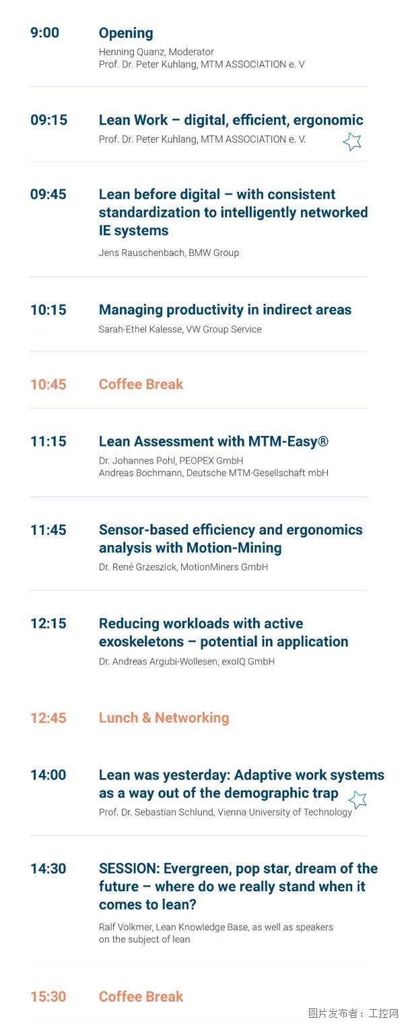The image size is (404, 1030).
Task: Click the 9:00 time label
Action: tap(44, 32)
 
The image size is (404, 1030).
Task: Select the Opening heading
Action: tap(126, 34)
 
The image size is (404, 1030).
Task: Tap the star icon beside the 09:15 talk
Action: tap(353, 141)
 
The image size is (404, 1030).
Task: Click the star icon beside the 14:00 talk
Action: tap(358, 800)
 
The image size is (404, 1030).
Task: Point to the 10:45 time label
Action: tap(48, 385)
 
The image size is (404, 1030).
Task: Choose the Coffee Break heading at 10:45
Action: tap(141, 385)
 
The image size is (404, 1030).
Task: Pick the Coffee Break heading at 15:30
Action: tap(141, 996)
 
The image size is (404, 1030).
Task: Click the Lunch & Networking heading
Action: tap(164, 718)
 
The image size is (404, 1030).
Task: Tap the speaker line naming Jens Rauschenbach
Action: tap(169, 253)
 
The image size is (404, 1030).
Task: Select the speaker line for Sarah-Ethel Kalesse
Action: tap(180, 329)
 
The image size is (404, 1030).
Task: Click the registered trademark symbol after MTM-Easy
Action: tap(323, 441)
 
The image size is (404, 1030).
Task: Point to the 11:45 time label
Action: tap(48, 530)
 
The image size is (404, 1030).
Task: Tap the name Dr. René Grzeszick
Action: tap(137, 567)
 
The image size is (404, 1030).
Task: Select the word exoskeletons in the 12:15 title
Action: tap(141, 641)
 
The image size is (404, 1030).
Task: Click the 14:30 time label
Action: tap(48, 868)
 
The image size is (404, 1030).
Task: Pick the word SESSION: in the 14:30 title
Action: tap(129, 868)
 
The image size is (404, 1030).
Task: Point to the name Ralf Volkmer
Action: tap(125, 927)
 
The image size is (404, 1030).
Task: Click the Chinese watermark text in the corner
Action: tap(353, 1013)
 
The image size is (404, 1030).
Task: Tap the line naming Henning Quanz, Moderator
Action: tap(156, 52)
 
